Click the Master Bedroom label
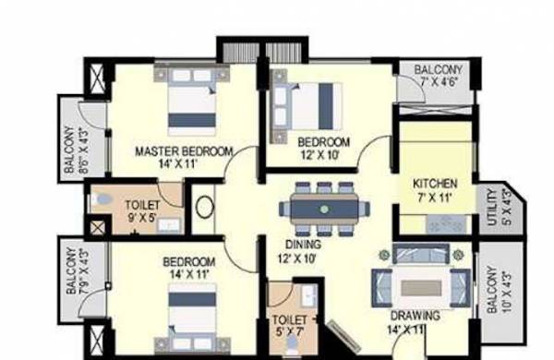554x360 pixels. coord(184,150)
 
